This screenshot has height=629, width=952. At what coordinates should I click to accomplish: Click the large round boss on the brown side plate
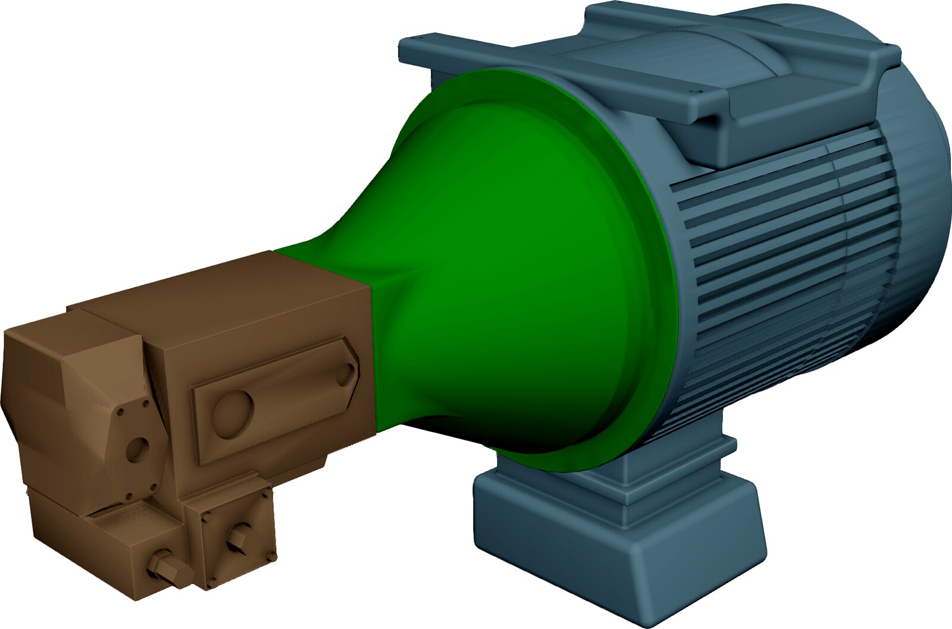point(232,410)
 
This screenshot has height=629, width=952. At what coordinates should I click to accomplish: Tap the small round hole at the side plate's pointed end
point(345,373)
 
